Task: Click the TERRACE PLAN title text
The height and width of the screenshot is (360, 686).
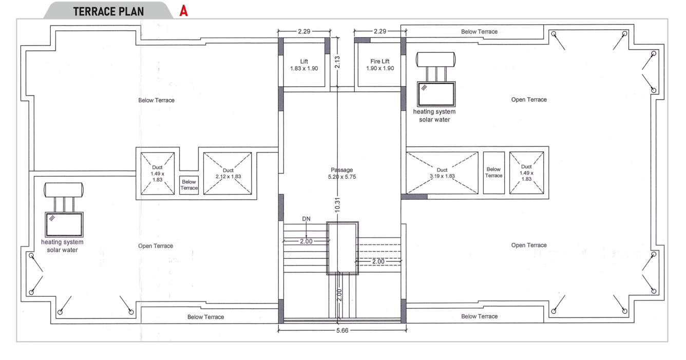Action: coord(108,11)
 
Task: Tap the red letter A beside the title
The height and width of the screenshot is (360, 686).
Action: coord(183,11)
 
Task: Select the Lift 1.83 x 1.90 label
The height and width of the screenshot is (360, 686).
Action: coord(304,65)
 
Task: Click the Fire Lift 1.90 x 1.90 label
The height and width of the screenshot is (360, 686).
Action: coord(380,65)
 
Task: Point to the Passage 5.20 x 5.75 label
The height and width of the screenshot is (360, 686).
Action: coord(341,173)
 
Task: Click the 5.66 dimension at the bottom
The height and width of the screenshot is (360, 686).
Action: coord(342,331)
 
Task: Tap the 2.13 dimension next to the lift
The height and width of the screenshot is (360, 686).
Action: coord(337,62)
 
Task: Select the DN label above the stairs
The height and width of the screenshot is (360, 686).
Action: coord(306,219)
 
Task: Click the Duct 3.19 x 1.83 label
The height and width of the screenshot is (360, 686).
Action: coord(442,173)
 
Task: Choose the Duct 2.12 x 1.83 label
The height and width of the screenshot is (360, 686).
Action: coord(228,173)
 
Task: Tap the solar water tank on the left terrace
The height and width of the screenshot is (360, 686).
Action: coord(64,190)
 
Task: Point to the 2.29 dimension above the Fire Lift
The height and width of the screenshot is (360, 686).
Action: coord(380,31)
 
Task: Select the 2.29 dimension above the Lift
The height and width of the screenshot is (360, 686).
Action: coord(304,31)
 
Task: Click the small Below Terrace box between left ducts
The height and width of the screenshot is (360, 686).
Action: coord(189,185)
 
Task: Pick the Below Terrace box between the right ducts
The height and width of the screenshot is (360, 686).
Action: coord(493,173)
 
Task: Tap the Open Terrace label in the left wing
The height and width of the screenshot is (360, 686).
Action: coord(156,246)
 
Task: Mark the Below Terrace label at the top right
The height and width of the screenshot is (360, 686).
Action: coord(479,32)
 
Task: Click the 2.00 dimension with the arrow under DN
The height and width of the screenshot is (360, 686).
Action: coord(306,241)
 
